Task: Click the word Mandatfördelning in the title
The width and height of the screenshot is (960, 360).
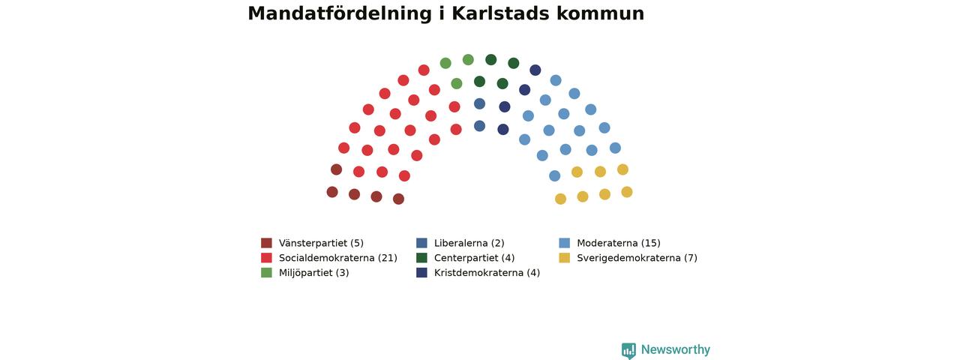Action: (340, 13)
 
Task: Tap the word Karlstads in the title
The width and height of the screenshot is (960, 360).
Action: (500, 13)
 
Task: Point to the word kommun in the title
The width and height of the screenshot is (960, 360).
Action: (601, 13)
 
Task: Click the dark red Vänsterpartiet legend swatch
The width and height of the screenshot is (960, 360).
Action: (266, 243)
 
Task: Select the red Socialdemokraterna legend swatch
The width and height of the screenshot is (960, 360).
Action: (266, 257)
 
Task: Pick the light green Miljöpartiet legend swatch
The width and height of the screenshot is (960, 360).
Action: (266, 272)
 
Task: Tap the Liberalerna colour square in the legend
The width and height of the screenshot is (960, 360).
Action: (421, 243)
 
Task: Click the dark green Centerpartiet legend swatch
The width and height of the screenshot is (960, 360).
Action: (421, 257)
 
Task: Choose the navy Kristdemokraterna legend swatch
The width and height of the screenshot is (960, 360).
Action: (421, 272)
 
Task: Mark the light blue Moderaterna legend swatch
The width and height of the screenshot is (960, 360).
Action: (565, 243)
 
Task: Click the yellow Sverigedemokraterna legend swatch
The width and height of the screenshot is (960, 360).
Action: (565, 257)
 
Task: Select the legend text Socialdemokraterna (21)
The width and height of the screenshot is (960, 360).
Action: (338, 258)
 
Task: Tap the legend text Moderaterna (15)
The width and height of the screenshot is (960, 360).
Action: (619, 243)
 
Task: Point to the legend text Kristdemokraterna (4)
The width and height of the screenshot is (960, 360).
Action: (487, 273)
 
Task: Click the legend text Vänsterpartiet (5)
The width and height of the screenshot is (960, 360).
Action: (322, 243)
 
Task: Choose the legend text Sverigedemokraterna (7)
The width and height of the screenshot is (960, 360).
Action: (637, 258)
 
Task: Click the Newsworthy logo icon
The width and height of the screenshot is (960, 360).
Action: (628, 350)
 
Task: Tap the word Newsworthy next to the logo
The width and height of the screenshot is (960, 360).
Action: (676, 349)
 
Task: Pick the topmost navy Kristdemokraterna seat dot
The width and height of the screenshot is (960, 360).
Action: (535, 70)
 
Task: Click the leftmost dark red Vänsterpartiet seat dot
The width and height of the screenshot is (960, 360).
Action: (332, 192)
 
